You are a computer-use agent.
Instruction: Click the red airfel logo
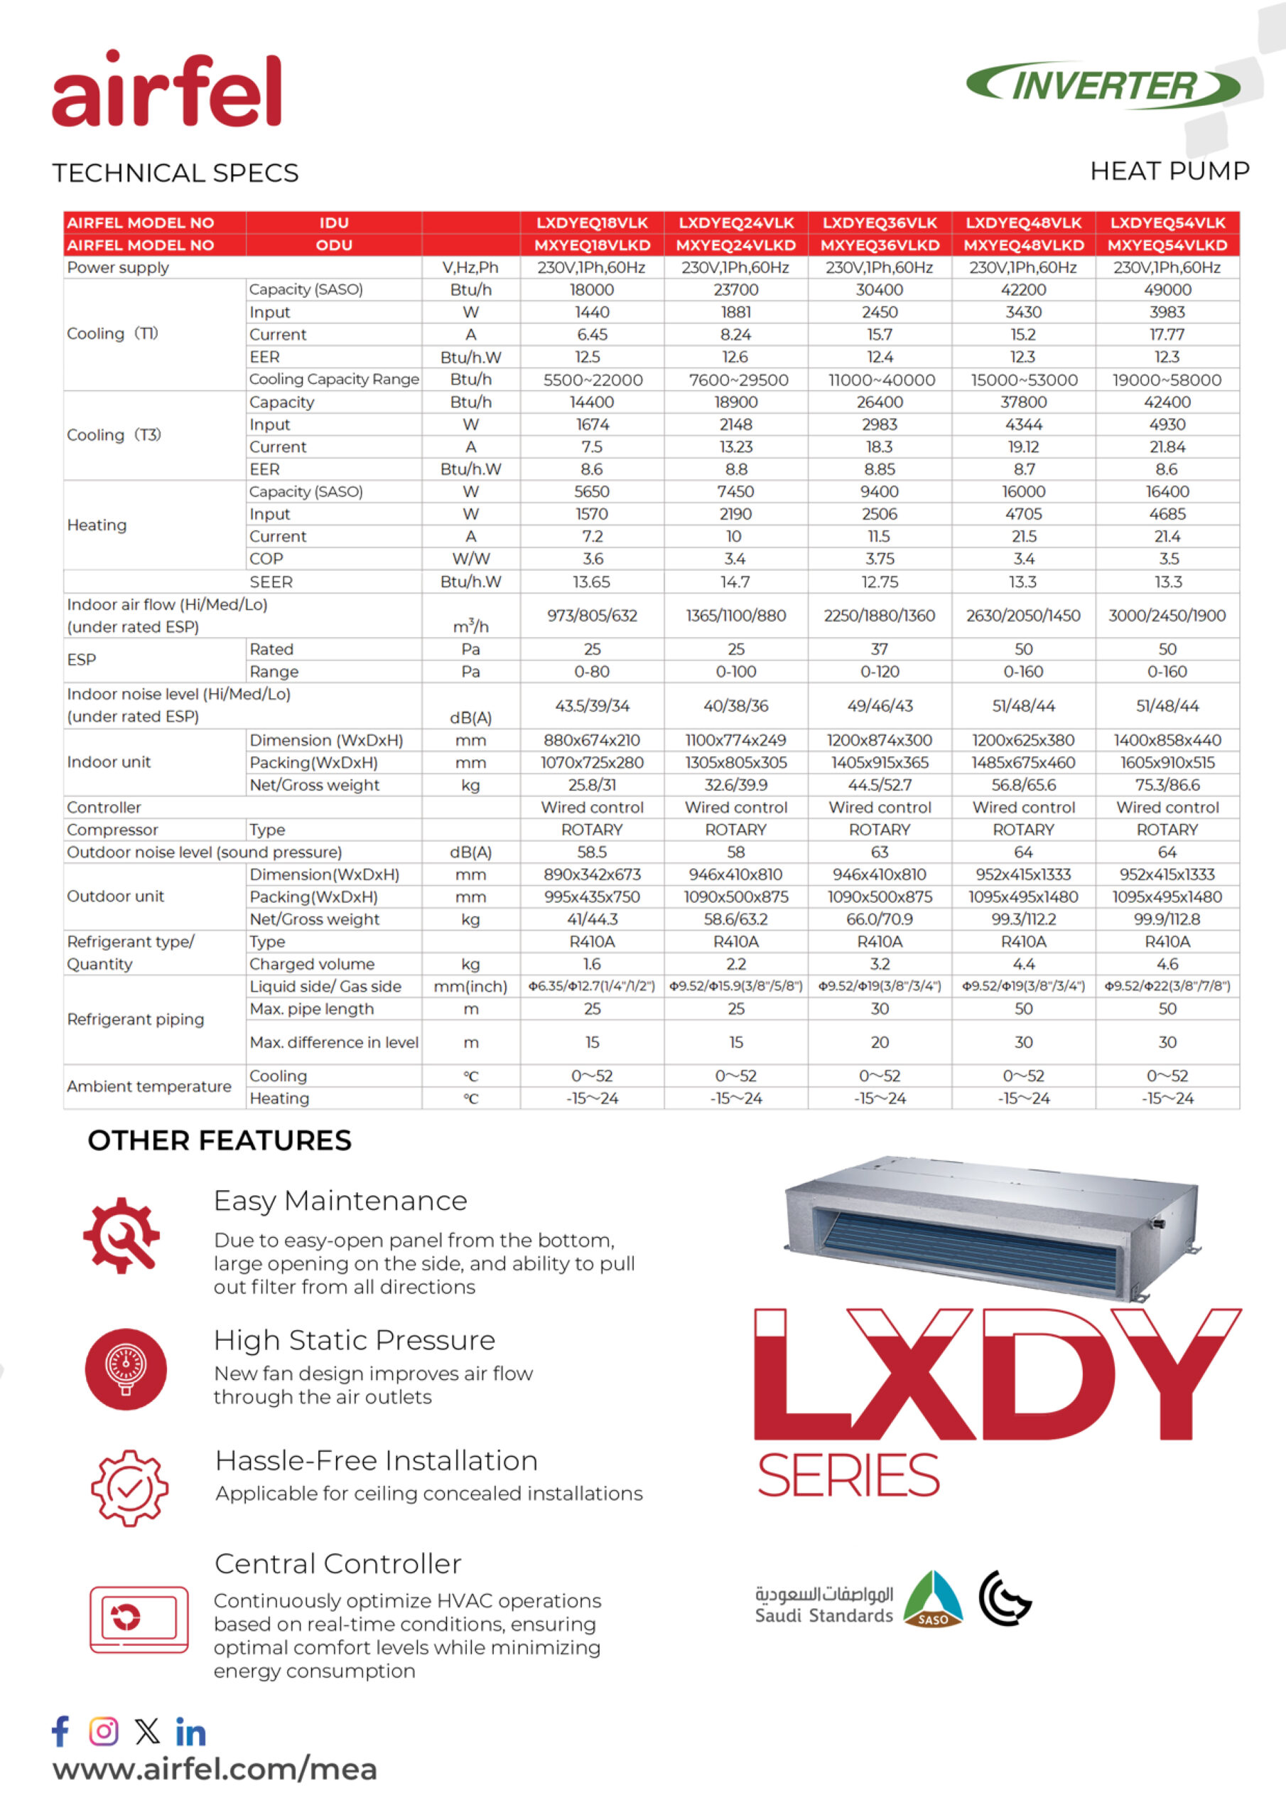point(166,89)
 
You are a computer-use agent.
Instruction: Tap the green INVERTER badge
point(1103,85)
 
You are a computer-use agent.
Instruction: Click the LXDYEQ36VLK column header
point(880,223)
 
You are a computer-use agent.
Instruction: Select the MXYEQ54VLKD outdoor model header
point(1167,245)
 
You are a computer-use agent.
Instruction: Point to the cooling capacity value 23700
point(736,290)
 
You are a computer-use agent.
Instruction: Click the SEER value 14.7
point(735,582)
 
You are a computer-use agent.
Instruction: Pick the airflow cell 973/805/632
point(592,616)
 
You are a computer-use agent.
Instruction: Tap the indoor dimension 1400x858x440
point(1167,740)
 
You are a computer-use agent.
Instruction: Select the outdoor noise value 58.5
point(592,852)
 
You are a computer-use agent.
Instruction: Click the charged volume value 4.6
point(1167,964)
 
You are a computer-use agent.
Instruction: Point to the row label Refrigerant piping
point(136,1019)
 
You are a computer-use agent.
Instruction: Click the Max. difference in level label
point(334,1042)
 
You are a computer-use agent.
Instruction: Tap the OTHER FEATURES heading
point(220,1140)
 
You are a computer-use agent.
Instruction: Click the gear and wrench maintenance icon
point(122,1236)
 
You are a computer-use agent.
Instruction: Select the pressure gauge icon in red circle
point(126,1369)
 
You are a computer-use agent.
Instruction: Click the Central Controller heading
point(337,1564)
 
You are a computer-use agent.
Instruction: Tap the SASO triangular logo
point(933,1598)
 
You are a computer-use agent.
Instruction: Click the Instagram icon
point(104,1730)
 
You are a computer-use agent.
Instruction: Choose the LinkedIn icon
point(190,1732)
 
